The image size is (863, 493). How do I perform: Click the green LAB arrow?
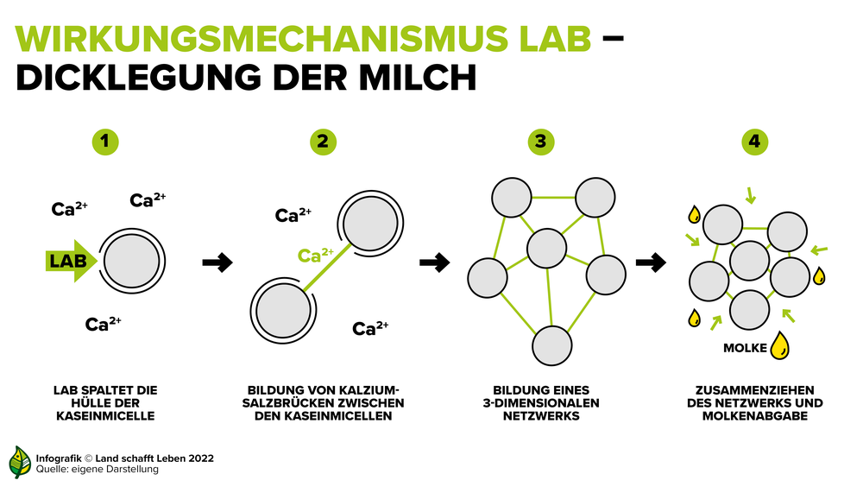coord(71,261)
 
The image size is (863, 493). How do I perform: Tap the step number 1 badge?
coord(105,142)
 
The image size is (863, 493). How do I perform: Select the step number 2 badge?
coord(323,142)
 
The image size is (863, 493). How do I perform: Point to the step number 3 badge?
coord(541,142)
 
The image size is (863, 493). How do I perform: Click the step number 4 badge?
coord(754,142)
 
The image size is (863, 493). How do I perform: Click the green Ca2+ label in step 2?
coord(315,255)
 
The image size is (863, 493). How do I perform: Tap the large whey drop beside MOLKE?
coord(779,345)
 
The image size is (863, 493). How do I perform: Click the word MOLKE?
coord(745,348)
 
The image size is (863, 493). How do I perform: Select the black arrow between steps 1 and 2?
coord(217,262)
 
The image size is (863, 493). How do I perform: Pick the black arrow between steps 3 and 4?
coord(651,262)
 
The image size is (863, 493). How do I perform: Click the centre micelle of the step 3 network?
coord(546,249)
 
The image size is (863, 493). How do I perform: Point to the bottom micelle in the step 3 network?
coord(552,345)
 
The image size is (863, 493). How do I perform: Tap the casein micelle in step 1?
coord(132,261)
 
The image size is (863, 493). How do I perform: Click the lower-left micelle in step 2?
coord(283,311)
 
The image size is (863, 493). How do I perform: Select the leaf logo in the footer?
coord(20,462)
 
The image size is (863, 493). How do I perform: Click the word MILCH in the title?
coord(418,77)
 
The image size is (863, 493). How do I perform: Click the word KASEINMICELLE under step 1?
coord(105,416)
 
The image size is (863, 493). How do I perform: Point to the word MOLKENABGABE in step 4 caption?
coord(754,416)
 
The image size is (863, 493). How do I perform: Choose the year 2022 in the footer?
coord(201,458)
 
